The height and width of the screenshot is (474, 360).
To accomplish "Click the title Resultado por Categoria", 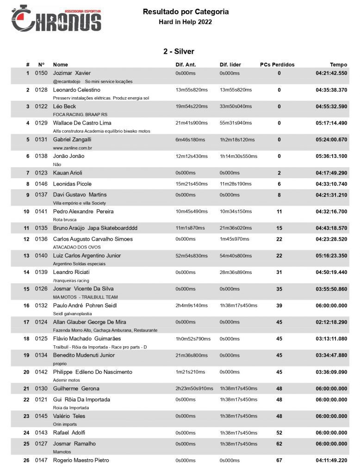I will click(x=186, y=12).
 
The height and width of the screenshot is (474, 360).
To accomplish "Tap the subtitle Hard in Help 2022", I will click(x=185, y=22).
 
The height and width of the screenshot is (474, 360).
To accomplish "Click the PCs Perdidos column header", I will click(x=277, y=64).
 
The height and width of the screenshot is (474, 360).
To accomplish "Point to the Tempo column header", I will click(x=338, y=64).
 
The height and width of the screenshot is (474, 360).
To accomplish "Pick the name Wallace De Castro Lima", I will click(x=82, y=123).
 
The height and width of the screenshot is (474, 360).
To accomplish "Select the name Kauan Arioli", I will click(x=68, y=173).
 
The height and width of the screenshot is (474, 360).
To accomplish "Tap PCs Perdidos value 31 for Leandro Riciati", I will click(x=279, y=272).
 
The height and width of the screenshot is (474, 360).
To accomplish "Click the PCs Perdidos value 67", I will click(x=279, y=460).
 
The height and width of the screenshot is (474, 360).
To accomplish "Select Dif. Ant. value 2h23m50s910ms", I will click(x=194, y=388).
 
